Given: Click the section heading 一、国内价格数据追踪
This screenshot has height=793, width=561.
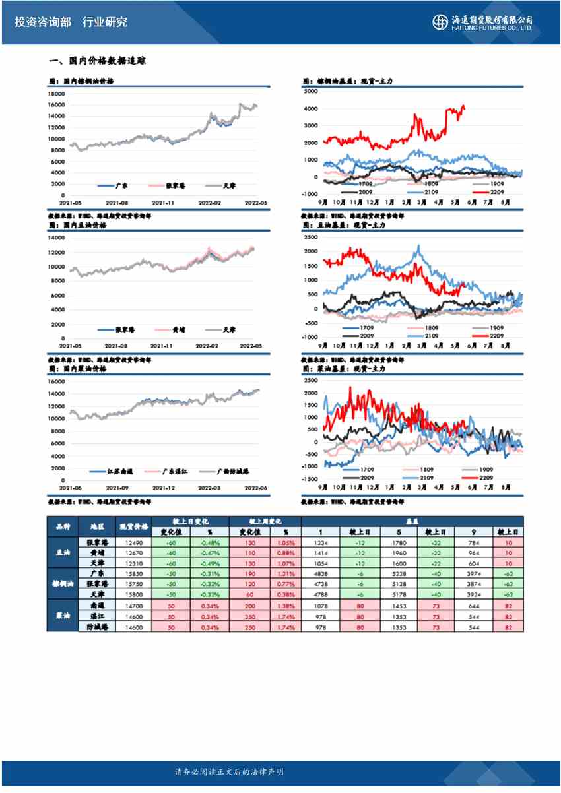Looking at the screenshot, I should (x=97, y=61).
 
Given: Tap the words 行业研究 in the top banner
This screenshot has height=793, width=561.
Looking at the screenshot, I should (x=105, y=22).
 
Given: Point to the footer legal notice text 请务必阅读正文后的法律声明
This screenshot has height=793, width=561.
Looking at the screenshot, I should (x=228, y=771).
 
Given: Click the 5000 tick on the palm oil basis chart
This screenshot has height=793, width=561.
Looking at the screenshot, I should (x=312, y=90).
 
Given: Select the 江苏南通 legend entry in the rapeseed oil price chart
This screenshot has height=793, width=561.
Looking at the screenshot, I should (x=121, y=472).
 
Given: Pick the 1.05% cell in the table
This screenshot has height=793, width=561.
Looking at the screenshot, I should (x=285, y=542).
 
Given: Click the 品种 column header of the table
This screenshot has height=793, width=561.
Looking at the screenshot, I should (x=63, y=526).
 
